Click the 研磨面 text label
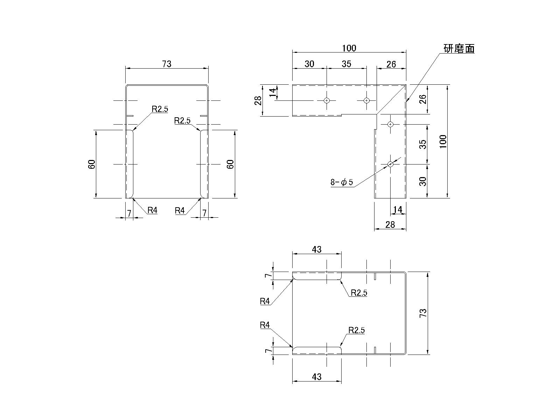(x=459, y=49)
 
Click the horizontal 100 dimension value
(x=349, y=48)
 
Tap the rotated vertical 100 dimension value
(x=443, y=141)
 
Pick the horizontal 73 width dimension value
(x=167, y=64)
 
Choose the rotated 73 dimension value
(x=423, y=313)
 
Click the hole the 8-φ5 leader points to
(x=391, y=164)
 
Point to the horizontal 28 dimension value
(x=390, y=224)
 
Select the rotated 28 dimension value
(x=258, y=100)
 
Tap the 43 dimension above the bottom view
(x=317, y=249)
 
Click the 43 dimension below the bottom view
(x=317, y=377)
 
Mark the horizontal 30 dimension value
(x=309, y=64)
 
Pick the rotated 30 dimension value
(x=423, y=181)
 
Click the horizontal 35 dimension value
(x=346, y=64)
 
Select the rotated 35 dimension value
(x=423, y=144)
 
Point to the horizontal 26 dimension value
(x=391, y=64)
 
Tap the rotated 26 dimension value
(x=423, y=99)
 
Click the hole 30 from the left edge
(x=327, y=100)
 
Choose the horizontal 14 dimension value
(x=398, y=209)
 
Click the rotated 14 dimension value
(x=273, y=92)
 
